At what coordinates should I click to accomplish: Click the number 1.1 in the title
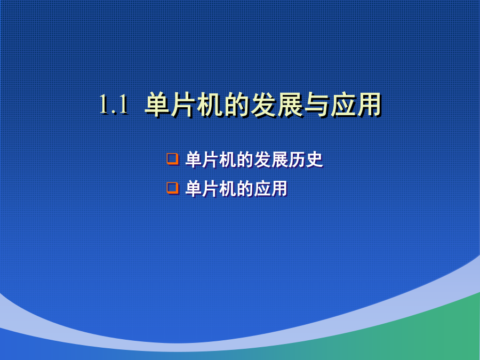tap(114, 105)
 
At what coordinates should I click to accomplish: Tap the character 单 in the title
tap(158, 105)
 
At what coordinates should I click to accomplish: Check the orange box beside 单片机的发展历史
tap(173, 159)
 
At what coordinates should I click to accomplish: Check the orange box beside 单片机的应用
tap(173, 188)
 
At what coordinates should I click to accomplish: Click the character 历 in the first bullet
tap(297, 159)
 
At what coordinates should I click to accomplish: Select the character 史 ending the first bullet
tap(314, 159)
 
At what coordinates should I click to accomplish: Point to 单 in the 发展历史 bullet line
tap(194, 159)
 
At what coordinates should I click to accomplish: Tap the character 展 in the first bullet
tap(280, 159)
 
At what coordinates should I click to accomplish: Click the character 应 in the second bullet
tap(262, 189)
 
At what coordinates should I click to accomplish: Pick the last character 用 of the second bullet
tap(279, 189)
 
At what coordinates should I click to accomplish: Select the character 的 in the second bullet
tap(245, 189)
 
